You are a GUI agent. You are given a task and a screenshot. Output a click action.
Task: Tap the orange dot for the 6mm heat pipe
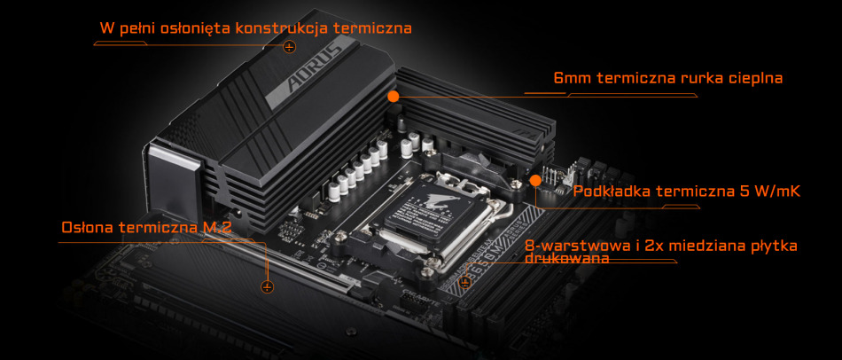[x=394, y=95]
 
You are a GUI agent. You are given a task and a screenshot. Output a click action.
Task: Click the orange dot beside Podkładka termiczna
[x=535, y=180]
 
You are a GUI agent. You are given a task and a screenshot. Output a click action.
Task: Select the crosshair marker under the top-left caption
[x=289, y=46]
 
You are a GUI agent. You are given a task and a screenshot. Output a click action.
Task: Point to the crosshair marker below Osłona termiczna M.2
[x=267, y=286]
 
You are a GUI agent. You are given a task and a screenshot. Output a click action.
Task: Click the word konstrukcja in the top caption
[x=285, y=27]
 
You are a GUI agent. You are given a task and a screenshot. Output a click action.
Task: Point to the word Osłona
[x=87, y=228]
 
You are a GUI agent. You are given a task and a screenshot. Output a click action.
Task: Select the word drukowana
[x=567, y=259]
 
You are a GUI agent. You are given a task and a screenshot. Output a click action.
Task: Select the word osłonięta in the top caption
[x=191, y=27]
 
